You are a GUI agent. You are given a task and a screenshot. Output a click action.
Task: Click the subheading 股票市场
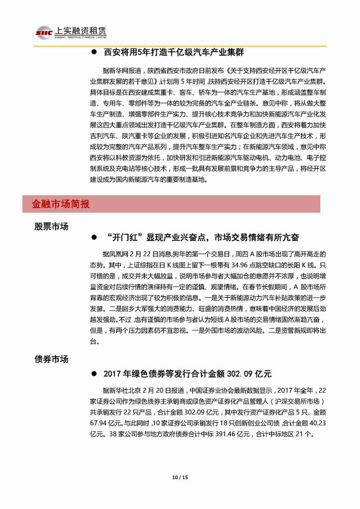coord(51,226)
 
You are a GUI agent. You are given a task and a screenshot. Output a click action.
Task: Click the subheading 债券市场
coord(51,359)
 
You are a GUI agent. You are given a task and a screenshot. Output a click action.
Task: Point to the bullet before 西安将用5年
coord(93,52)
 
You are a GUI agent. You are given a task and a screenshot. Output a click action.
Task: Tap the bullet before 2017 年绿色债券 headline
coord(93,374)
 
